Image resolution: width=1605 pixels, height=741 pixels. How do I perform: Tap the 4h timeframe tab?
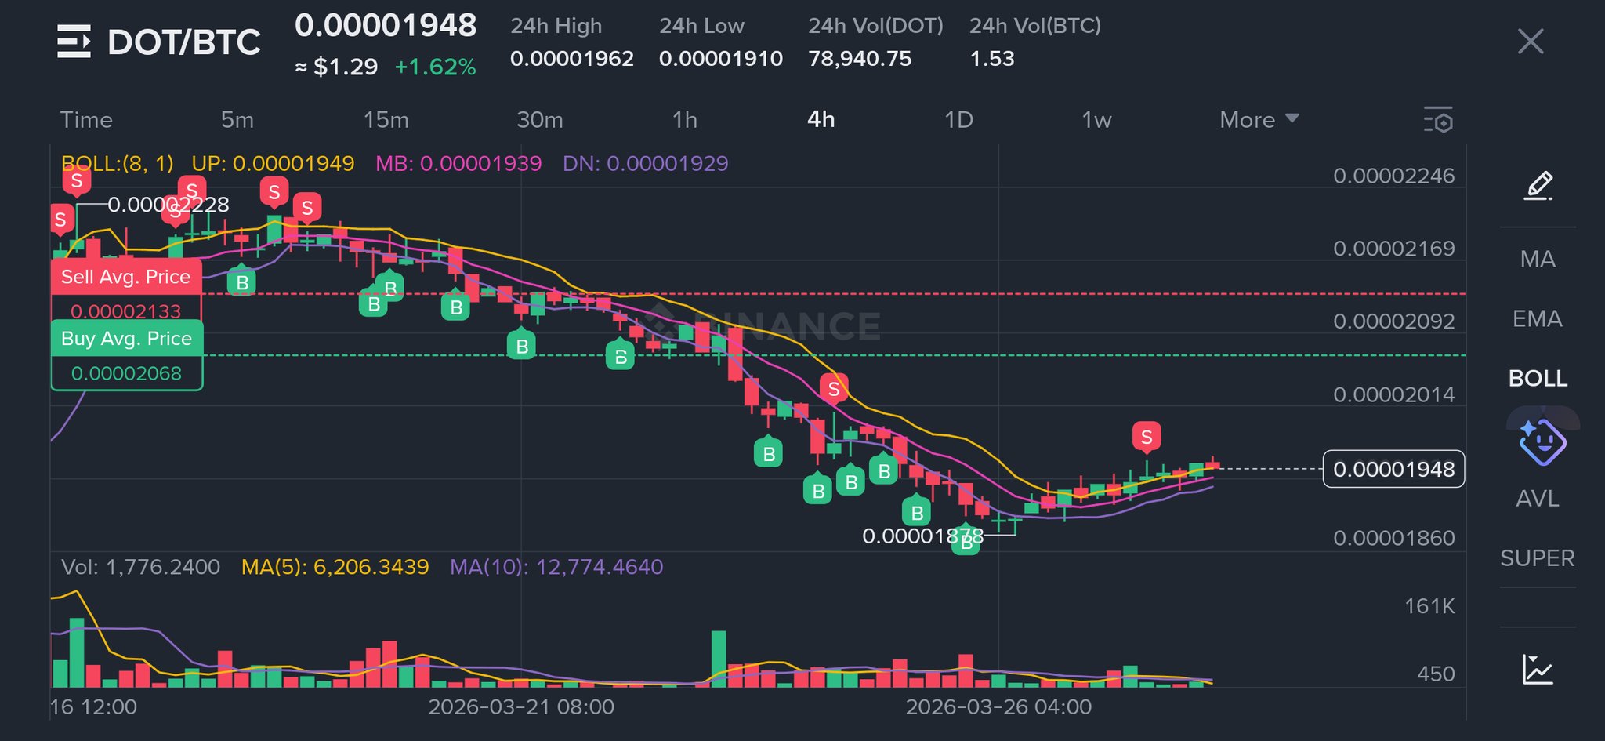pos(821,120)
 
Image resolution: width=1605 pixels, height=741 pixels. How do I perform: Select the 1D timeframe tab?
pos(958,120)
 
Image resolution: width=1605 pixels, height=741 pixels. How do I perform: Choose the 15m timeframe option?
pos(386,120)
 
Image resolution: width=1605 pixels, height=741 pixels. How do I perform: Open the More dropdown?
pos(1259,120)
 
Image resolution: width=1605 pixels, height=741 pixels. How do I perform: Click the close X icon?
pos(1530,42)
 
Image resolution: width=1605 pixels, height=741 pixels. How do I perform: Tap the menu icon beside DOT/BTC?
pos(74,42)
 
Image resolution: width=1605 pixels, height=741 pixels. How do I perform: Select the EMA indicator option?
pos(1537,319)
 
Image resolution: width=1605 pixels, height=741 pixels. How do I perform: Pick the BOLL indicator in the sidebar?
pos(1538,379)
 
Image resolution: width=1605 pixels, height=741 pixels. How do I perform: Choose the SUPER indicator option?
pos(1537,558)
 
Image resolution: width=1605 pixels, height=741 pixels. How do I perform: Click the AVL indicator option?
pos(1537,499)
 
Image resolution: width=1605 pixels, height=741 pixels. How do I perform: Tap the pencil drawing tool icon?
pos(1538,186)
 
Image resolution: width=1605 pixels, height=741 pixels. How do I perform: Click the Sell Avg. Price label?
pos(125,277)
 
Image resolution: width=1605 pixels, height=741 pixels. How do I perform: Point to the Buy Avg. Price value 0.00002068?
pos(126,374)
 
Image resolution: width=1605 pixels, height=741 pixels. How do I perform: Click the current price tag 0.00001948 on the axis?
pos(1393,470)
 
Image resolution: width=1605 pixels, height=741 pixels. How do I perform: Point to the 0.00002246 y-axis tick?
pos(1393,176)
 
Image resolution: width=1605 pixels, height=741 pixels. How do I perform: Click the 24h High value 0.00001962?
pos(571,59)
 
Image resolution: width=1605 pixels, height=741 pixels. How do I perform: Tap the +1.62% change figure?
pos(435,67)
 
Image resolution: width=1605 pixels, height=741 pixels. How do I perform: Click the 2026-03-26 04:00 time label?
pos(998,707)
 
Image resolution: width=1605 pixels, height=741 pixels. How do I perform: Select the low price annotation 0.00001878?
pos(922,536)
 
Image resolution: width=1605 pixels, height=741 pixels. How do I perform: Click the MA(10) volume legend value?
pos(556,567)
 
